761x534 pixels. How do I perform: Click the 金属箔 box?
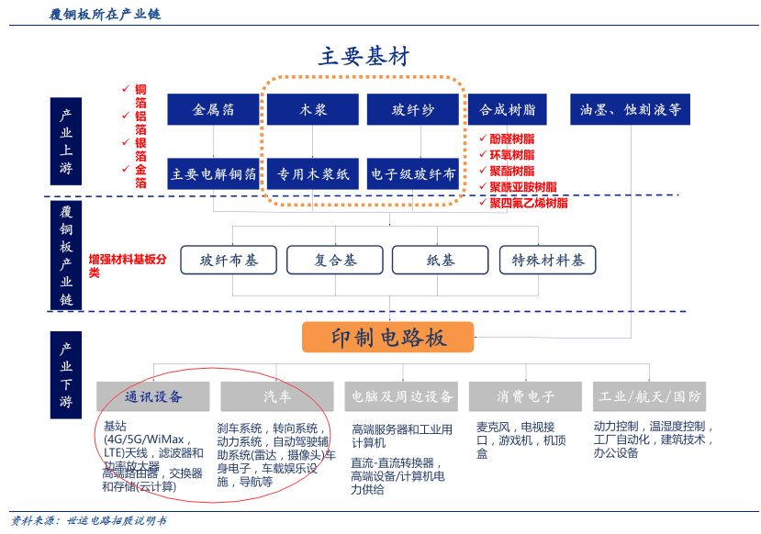[x=213, y=110]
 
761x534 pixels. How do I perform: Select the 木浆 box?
[x=312, y=110]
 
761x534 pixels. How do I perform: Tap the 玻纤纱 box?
[x=412, y=110]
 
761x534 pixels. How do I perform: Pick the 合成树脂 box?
[x=507, y=110]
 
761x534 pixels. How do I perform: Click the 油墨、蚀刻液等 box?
[x=630, y=110]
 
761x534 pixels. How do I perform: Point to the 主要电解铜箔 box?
[x=213, y=173]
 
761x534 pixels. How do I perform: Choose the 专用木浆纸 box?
[x=312, y=173]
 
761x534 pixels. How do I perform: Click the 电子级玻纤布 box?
[x=412, y=173]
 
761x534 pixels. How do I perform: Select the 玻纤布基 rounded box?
[x=229, y=261]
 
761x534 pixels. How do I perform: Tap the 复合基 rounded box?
[x=334, y=261]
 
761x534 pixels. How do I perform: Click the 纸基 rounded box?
[x=441, y=261]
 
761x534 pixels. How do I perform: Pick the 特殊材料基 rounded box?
[x=548, y=261]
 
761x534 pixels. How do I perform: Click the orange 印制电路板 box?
[x=388, y=338]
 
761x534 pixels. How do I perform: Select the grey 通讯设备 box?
[x=153, y=396]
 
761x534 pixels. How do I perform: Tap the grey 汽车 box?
[x=278, y=396]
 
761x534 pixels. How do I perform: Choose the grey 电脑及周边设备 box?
[x=401, y=396]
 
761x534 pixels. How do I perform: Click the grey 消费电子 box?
[x=525, y=396]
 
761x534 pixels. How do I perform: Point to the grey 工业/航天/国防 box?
[x=650, y=396]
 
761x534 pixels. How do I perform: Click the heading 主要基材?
[x=364, y=56]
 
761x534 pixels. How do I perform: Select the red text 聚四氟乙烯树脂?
[x=528, y=203]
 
